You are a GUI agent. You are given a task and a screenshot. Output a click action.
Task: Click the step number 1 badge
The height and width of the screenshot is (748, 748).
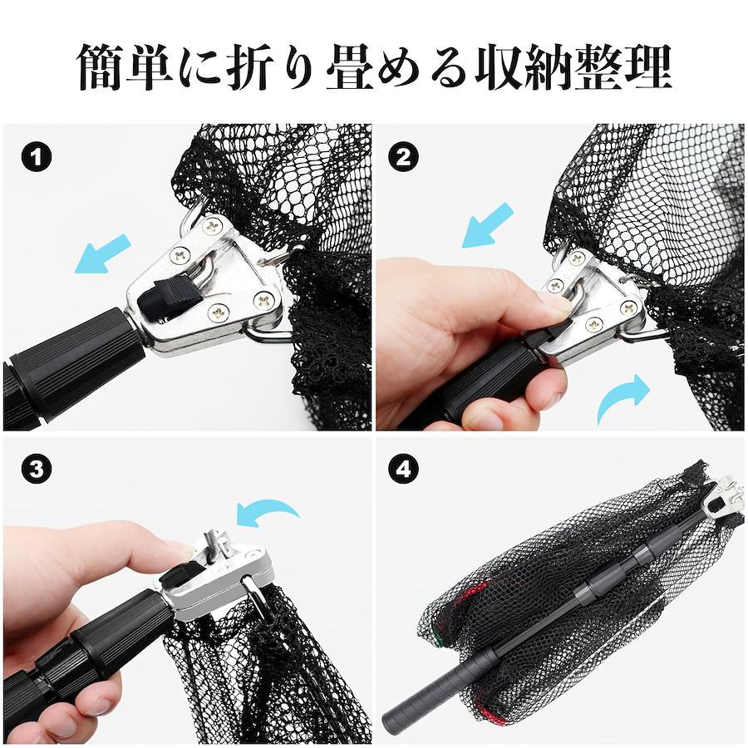(37, 158)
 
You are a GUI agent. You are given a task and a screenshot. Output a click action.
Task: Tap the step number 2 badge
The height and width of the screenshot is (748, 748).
(404, 158)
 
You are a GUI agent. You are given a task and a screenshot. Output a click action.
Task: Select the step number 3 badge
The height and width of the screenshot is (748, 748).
(37, 470)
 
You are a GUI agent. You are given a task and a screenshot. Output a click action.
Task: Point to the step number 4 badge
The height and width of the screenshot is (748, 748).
(404, 470)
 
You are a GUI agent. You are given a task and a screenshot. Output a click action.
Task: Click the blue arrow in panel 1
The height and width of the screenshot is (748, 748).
(101, 253)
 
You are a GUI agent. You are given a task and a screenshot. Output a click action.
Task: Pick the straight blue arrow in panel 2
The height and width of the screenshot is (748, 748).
(488, 225)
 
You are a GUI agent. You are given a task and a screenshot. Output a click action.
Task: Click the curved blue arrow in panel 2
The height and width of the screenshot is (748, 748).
(623, 397)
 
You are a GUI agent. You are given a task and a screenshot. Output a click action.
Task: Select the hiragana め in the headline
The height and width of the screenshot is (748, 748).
(401, 68)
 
